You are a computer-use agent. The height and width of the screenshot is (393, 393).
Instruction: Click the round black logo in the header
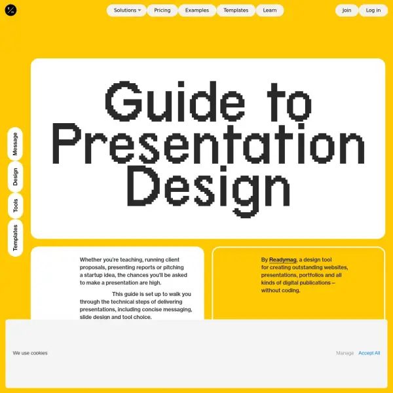[10, 10]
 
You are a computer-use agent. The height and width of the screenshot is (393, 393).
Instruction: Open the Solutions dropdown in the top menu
[126, 10]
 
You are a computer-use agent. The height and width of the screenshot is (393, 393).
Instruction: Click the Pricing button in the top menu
[162, 10]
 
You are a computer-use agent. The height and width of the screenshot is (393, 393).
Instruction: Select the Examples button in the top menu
[197, 10]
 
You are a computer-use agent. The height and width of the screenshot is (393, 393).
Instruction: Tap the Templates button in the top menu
[236, 10]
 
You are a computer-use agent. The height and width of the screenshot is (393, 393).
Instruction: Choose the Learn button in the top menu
[270, 10]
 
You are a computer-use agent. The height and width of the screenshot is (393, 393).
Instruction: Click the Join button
[346, 10]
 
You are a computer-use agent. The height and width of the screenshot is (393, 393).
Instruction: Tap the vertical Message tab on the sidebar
[15, 144]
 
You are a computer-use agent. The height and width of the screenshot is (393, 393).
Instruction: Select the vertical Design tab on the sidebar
[15, 177]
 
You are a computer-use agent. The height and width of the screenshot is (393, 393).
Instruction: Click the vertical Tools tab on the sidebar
[15, 206]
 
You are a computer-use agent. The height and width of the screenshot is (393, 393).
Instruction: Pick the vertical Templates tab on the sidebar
[15, 238]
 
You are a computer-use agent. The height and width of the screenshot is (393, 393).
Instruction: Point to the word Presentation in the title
[208, 143]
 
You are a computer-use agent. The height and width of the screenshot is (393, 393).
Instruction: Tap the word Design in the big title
[208, 191]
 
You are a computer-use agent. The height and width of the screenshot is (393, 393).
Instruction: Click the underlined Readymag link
[283, 260]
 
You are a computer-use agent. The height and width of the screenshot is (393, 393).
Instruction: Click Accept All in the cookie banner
[369, 353]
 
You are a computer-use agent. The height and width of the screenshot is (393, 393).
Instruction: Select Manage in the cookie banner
[345, 353]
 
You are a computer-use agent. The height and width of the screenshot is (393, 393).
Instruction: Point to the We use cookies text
[30, 353]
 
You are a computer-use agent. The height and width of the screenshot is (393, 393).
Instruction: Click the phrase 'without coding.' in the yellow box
[280, 290]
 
